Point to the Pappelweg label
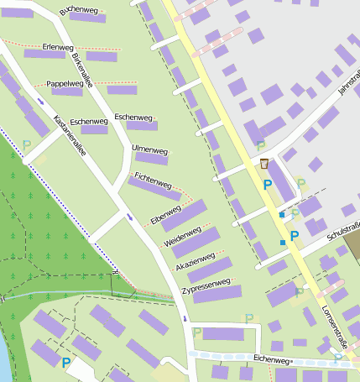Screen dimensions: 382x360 point(65,84)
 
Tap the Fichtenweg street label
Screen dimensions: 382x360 point(153,180)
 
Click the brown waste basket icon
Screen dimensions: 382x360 point(264,165)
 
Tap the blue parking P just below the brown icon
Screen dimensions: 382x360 point(268,184)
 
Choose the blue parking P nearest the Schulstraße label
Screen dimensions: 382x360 point(294,237)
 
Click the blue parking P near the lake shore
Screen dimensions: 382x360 point(65,363)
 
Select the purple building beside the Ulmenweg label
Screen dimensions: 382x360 point(152,160)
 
